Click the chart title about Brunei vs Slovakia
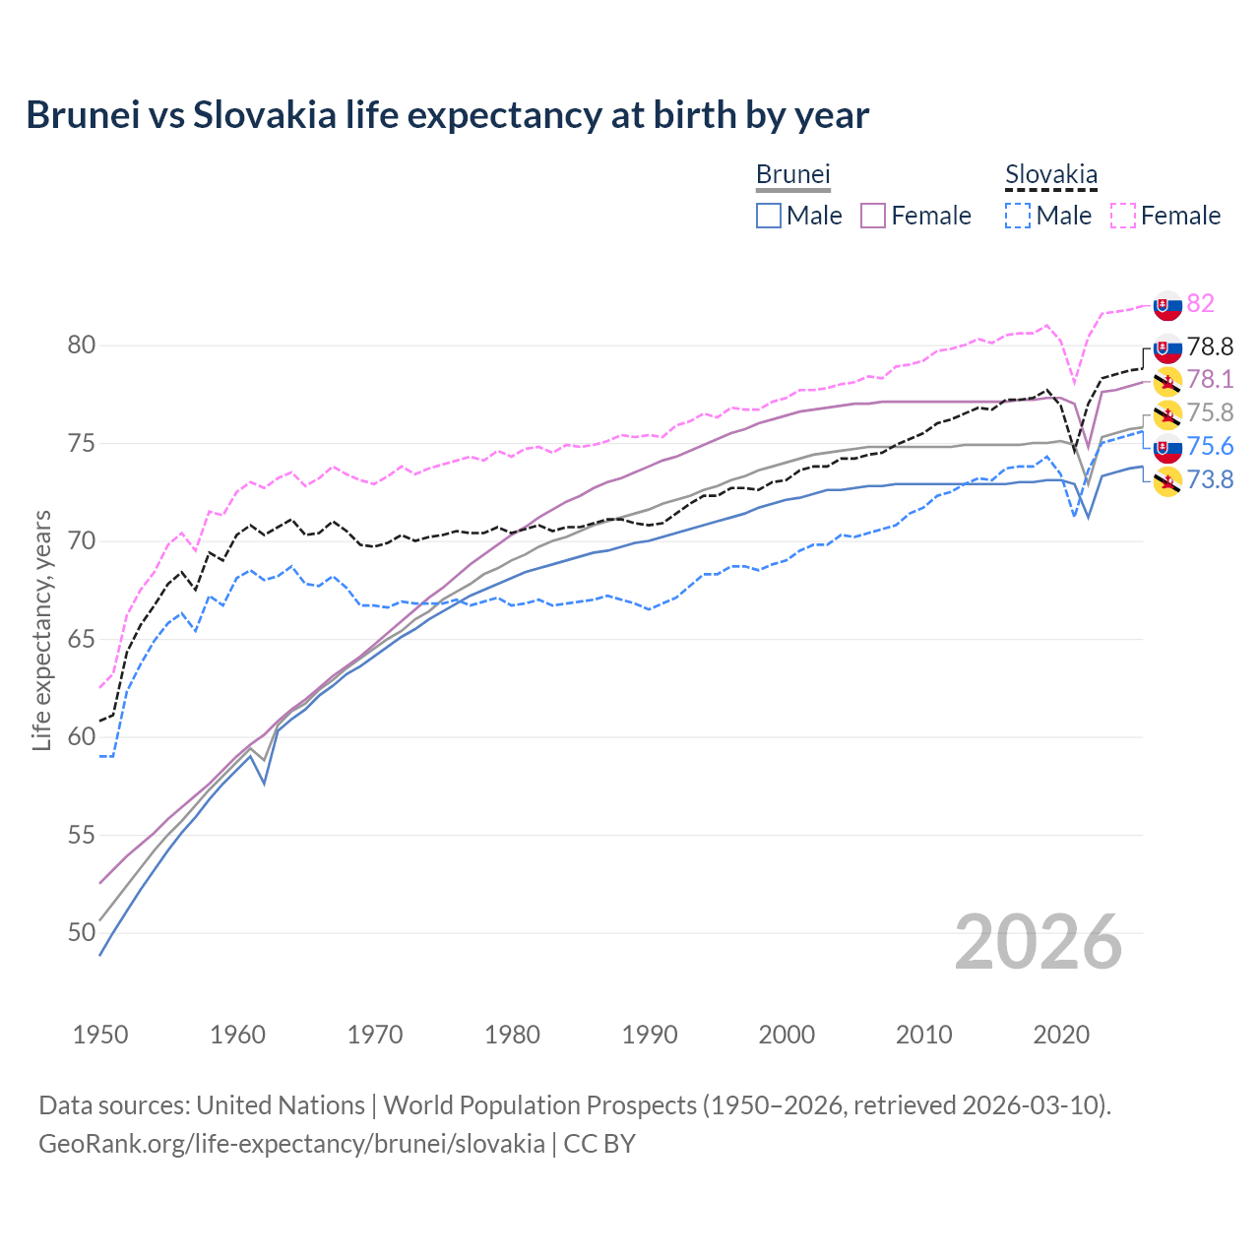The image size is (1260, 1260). [x=448, y=115]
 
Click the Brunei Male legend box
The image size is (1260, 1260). [x=769, y=216]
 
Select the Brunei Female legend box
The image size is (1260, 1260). [x=873, y=216]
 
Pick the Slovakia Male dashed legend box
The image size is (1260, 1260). [x=1018, y=216]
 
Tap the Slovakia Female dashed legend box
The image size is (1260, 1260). [x=1123, y=216]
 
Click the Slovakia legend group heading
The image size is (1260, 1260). [x=1050, y=175]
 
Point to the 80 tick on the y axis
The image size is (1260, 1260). [x=81, y=346]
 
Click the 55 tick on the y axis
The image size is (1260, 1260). [x=81, y=835]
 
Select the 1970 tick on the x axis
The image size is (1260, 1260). [x=375, y=1035]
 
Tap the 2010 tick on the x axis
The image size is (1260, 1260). [x=923, y=1035]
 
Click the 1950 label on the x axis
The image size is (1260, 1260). [x=100, y=1035]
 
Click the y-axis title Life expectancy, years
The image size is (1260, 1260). [x=41, y=630]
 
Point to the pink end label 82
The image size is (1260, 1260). [x=1200, y=303]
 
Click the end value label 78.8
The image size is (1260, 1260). [x=1210, y=346]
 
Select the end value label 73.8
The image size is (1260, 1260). [x=1210, y=479]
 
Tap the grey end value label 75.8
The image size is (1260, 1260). [x=1210, y=413]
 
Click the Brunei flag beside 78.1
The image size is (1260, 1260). [x=1167, y=381]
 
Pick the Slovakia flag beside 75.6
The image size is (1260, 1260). [x=1167, y=448]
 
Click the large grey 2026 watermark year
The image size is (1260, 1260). [x=1039, y=943]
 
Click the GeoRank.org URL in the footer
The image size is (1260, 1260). [x=291, y=1144]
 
